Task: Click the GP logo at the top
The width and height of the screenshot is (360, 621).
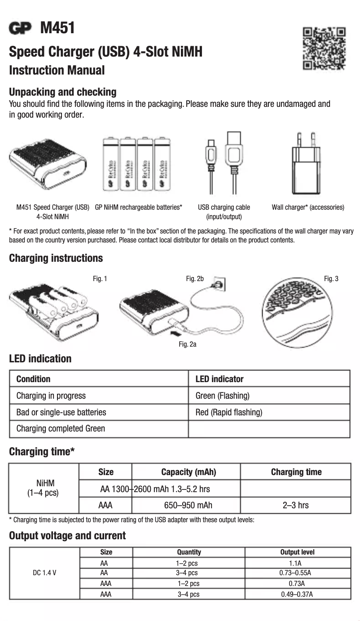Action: point(21,28)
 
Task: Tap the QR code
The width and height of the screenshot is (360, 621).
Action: point(325,48)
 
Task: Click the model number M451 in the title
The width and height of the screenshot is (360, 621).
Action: point(57,28)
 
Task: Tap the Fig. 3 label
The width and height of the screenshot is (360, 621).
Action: point(331,279)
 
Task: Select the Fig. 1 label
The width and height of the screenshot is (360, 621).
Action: point(100,279)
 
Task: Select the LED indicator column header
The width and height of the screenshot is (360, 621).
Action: point(220,379)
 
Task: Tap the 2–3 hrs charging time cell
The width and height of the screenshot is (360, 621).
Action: point(295,505)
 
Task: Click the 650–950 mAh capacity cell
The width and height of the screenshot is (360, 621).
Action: point(188,505)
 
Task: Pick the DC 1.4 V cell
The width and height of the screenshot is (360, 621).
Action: point(44,573)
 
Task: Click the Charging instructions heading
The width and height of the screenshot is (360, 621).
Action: point(56,258)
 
